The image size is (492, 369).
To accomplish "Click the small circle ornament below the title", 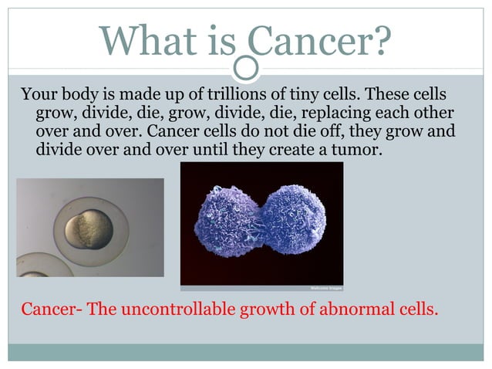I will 246,69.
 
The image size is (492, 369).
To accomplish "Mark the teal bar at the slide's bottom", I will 246,353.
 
